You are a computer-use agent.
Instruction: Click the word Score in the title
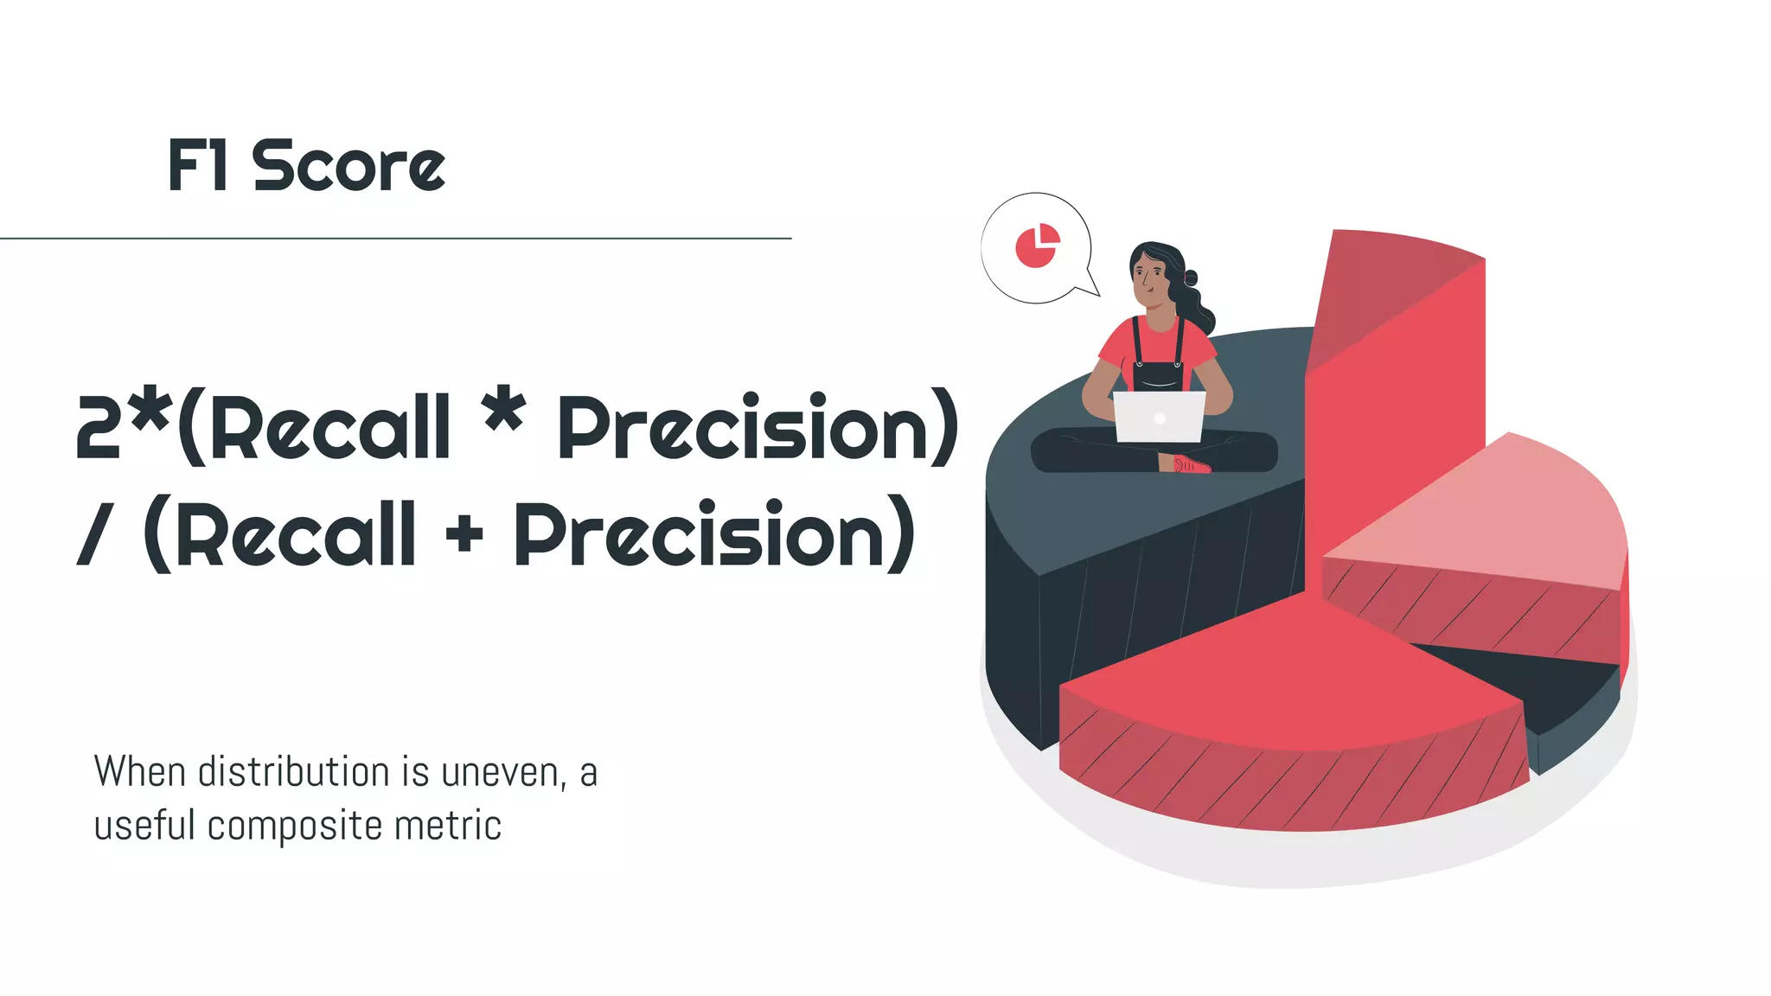pos(348,166)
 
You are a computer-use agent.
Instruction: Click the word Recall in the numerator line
pos(330,428)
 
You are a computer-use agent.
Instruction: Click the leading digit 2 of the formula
pos(98,427)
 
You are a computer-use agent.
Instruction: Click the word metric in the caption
pos(448,826)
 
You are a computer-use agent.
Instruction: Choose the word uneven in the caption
pos(502,773)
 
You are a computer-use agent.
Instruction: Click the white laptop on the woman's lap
pos(1159,417)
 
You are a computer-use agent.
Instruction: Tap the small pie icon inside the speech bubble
pos(1037,246)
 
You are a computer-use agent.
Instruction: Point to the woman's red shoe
pos(1192,465)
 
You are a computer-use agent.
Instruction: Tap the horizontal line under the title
pos(395,238)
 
